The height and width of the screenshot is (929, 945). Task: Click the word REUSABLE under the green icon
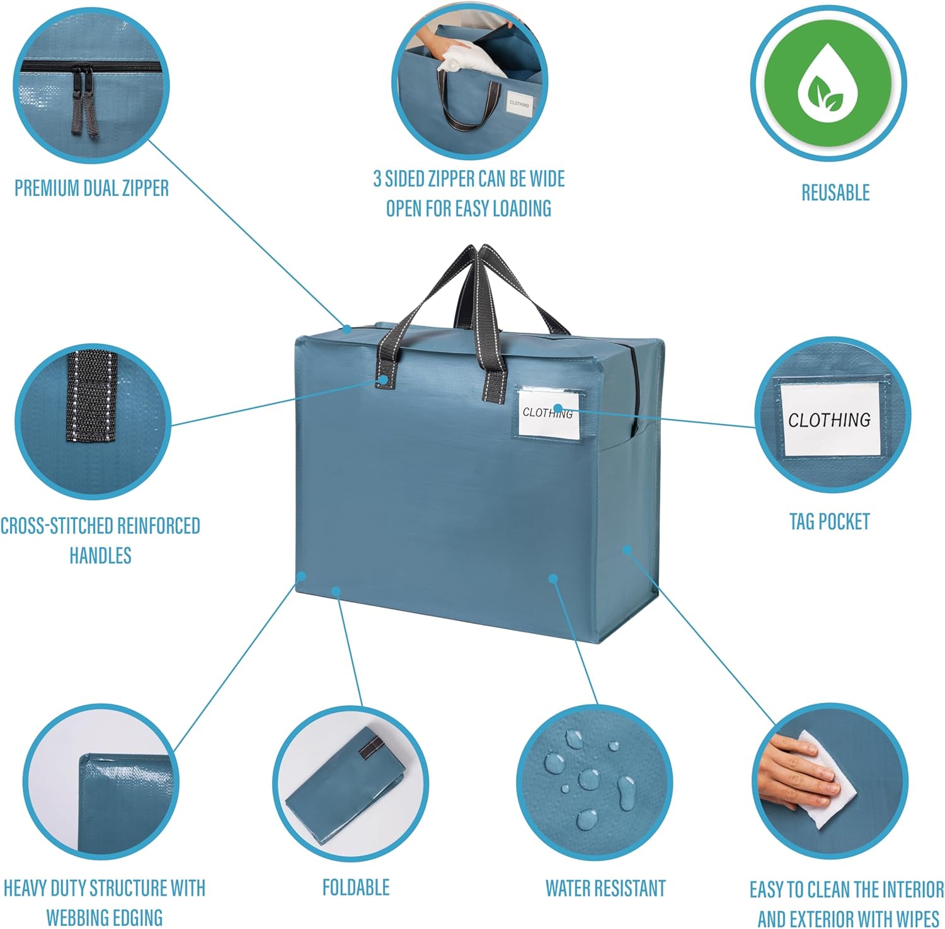835,193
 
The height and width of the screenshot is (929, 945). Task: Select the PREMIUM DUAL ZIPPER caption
92,188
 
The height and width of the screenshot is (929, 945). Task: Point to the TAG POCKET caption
829,521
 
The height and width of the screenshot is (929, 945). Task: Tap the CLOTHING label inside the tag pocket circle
829,420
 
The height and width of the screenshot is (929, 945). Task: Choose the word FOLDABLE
355,887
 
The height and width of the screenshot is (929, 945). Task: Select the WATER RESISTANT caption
605,888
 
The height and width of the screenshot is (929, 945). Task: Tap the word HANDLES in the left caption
100,556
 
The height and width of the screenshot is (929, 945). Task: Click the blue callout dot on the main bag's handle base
383,379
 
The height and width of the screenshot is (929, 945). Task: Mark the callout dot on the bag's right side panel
627,549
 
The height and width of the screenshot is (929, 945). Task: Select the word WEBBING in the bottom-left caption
77,917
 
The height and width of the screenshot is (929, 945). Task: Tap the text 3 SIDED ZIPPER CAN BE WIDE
469,179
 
